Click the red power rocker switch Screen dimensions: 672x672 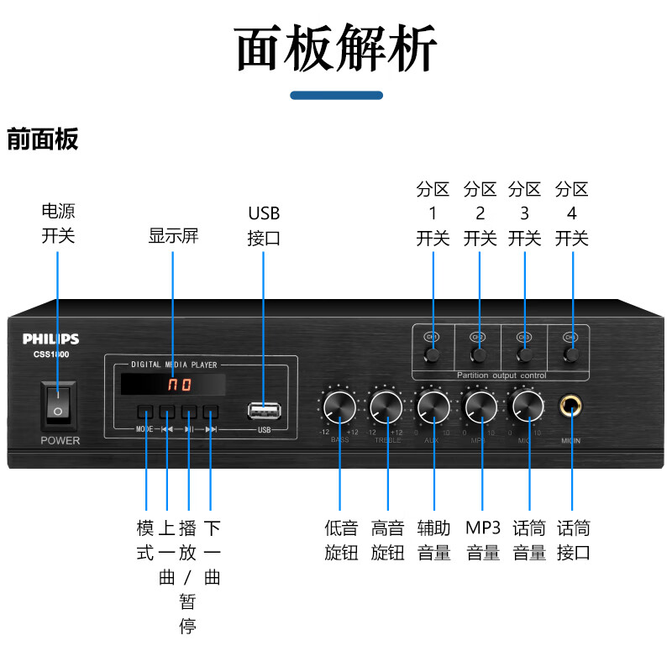[x=58, y=406]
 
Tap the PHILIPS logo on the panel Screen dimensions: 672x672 [x=50, y=339]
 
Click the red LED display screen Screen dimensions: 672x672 [x=173, y=386]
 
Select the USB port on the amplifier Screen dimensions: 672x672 [x=264, y=411]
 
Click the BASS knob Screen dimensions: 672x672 [x=339, y=406]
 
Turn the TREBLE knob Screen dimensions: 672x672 [x=387, y=406]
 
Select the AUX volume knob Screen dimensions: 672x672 [x=434, y=406]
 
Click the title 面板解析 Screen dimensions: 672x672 [x=336, y=48]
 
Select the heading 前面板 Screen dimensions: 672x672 [x=43, y=139]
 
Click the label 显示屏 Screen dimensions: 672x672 [x=173, y=236]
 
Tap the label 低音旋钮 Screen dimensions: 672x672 [x=341, y=540]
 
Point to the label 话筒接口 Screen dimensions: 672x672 [x=574, y=540]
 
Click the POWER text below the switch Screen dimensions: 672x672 [x=60, y=440]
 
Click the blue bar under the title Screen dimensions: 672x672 [x=336, y=96]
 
